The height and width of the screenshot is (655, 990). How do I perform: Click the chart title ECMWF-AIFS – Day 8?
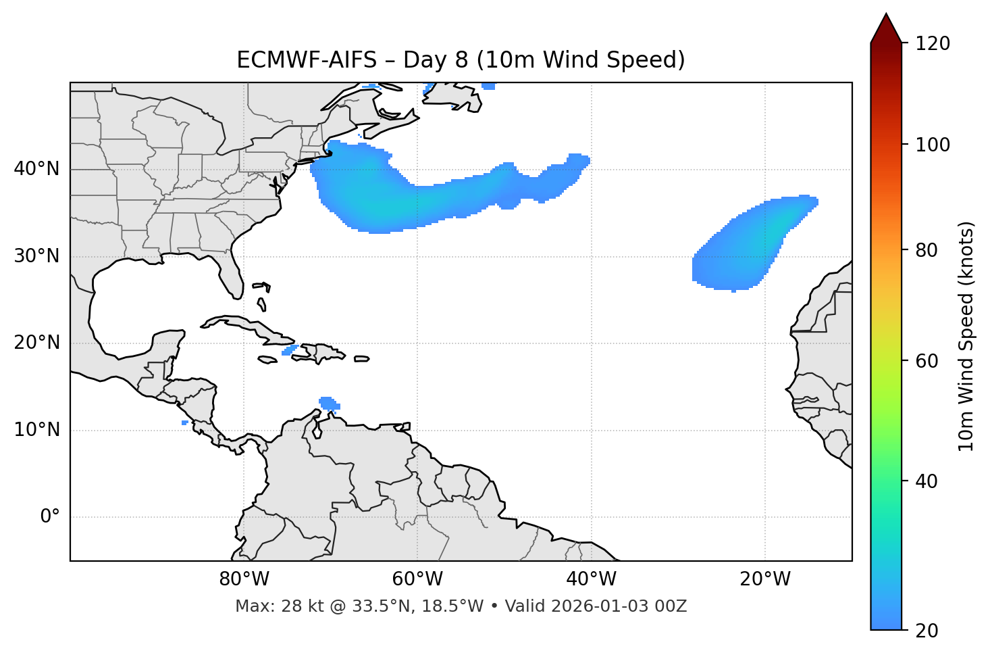point(461,60)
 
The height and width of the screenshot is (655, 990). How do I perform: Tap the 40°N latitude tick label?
point(36,169)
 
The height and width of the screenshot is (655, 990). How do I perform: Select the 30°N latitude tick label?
point(36,256)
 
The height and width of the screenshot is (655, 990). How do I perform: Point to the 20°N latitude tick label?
point(36,343)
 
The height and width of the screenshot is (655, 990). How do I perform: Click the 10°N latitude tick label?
point(36,430)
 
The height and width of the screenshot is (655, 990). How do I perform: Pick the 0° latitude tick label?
point(50,517)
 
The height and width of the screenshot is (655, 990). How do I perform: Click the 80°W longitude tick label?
point(244,579)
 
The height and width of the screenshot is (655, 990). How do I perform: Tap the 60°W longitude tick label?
point(417,579)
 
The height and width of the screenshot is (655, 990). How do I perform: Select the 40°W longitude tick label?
point(591,579)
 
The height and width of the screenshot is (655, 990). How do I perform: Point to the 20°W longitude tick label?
point(764,579)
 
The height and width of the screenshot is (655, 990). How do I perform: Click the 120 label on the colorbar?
point(932,44)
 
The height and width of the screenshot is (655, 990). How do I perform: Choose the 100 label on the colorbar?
point(932,145)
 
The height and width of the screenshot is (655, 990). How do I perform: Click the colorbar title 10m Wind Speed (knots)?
point(966,336)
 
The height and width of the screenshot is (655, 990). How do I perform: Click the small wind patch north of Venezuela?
point(328,404)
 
